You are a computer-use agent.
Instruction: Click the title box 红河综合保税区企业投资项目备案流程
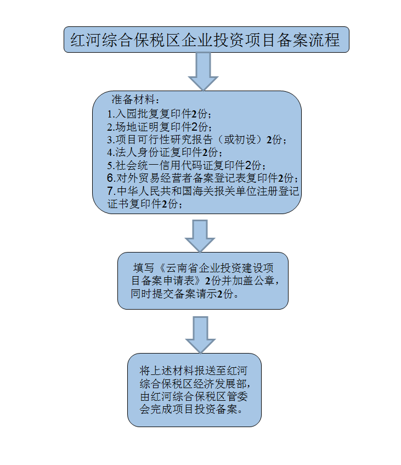pos(206,40)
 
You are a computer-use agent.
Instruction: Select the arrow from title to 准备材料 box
pos(203,71)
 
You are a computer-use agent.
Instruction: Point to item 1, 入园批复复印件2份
pos(160,114)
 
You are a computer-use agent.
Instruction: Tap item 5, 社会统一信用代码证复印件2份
pos(187,165)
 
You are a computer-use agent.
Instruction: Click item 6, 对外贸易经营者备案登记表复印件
pos(203,178)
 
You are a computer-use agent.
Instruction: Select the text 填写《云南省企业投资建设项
pos(203,268)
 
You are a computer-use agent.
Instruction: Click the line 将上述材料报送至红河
pos(194,369)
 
